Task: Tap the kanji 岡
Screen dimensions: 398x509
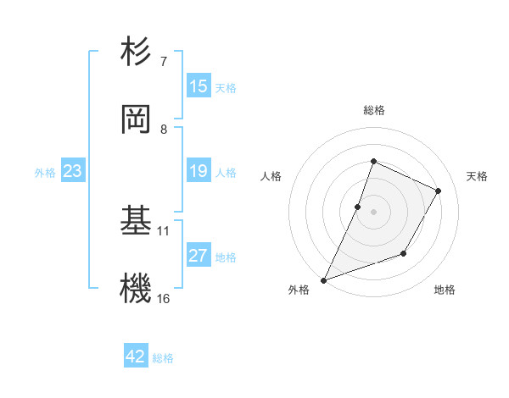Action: coord(137,119)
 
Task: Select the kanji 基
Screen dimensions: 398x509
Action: coord(137,221)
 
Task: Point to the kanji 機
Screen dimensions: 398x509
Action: coord(137,289)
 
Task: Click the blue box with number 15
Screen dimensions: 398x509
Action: coord(199,86)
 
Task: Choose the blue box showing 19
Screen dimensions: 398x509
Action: coord(199,171)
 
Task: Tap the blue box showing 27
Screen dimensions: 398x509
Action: coord(199,256)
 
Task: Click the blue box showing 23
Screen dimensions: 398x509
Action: coord(73,171)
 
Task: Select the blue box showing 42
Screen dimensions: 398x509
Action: coord(136,357)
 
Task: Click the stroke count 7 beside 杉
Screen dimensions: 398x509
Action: coord(164,62)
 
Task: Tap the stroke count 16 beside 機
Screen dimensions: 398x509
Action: coord(164,298)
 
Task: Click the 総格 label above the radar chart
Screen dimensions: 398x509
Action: coord(373,110)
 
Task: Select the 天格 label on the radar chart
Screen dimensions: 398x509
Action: coord(477,176)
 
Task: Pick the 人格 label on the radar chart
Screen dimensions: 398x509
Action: coord(271,176)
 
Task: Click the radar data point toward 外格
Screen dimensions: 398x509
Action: coord(324,279)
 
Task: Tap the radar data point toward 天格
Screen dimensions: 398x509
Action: coord(439,191)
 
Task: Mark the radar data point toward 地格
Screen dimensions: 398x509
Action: coord(405,253)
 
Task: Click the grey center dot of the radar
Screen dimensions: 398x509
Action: coord(373,211)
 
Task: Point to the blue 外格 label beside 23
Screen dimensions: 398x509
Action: coord(45,172)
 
